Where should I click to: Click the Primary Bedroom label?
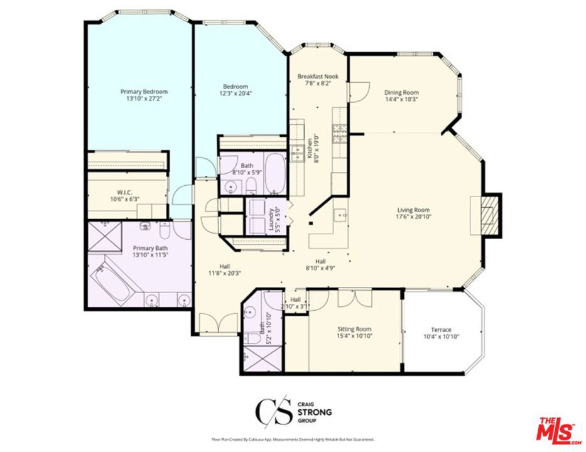144,92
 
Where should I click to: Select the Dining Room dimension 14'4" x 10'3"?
401,99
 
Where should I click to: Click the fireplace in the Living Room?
486,215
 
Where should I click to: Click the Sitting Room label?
354,329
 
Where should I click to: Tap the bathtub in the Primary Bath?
116,283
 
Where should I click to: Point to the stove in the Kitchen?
339,133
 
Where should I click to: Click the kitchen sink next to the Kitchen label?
296,154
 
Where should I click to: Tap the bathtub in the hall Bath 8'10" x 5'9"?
275,173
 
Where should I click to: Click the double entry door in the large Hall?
210,323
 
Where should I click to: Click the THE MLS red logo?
558,429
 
